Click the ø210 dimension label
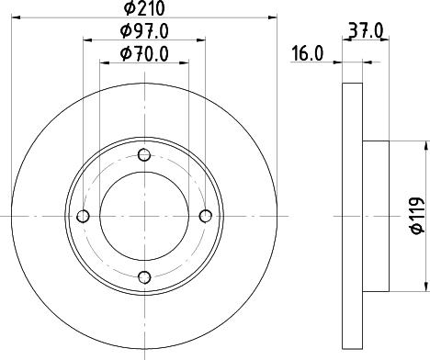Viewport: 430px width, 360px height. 144,9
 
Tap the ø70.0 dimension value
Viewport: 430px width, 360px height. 145,55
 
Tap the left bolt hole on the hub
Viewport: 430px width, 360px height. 83,216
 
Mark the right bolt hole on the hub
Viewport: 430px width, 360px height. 205,216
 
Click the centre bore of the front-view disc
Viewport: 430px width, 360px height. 143,216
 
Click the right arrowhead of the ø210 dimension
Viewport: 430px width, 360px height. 272,17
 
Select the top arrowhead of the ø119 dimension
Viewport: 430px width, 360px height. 425,144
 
